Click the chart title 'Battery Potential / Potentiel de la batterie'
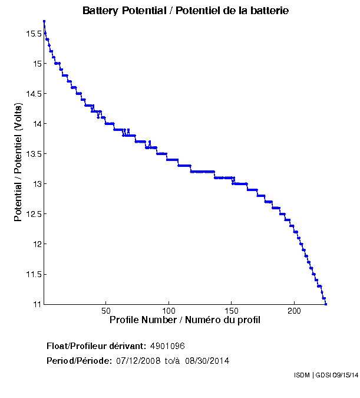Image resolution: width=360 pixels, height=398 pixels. click(x=185, y=11)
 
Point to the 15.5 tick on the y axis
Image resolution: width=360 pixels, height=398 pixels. click(x=33, y=34)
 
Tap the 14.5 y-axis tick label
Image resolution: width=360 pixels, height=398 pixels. click(x=33, y=94)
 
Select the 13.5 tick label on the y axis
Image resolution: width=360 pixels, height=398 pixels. click(x=33, y=154)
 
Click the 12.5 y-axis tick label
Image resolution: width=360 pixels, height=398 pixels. click(x=33, y=214)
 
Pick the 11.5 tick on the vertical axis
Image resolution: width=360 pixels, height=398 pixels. click(x=33, y=274)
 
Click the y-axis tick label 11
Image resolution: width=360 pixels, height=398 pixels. click(x=37, y=304)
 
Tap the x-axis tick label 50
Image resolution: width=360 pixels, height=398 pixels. click(x=106, y=311)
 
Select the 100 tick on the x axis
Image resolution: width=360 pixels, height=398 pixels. click(x=169, y=311)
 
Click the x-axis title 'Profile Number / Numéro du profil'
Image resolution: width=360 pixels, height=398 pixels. click(x=185, y=320)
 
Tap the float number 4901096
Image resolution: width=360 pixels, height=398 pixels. click(x=168, y=346)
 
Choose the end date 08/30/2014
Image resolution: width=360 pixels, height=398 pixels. click(x=207, y=360)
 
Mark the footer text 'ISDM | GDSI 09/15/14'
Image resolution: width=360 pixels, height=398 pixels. click(x=325, y=375)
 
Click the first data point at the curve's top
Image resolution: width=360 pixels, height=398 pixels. click(x=44, y=22)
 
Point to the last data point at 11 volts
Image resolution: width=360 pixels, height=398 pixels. click(x=326, y=304)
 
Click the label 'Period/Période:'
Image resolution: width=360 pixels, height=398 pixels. click(x=79, y=360)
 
